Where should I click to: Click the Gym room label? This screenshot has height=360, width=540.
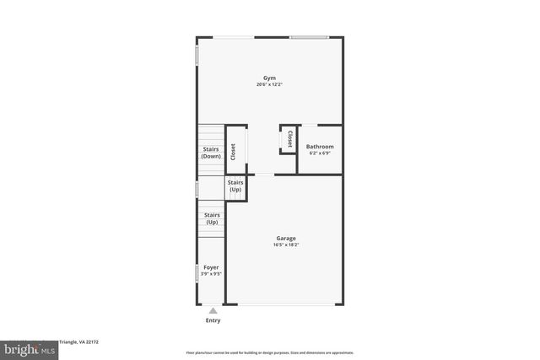pos(269,78)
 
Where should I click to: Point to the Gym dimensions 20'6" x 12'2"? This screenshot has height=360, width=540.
pos(269,84)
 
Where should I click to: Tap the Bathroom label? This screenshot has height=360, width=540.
pos(320,147)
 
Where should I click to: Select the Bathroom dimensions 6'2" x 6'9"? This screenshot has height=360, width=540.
pos(320,153)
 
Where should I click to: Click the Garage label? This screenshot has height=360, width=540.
pos(284,239)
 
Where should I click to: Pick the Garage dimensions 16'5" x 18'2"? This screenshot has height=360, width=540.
pos(284,245)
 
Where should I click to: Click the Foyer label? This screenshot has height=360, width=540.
pos(211,267)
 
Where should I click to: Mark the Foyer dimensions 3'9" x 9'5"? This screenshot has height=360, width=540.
pos(211,274)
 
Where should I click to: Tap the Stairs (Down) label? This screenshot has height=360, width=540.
pos(211,153)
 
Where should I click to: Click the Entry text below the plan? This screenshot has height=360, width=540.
pos(213,320)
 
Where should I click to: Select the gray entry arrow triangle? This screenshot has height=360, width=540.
pos(213,310)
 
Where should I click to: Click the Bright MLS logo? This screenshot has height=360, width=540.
pos(27,349)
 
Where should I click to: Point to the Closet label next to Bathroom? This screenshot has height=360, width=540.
pos(289,139)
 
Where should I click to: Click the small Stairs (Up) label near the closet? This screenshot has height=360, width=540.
pos(235,185)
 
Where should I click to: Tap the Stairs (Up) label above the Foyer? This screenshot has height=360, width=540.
pos(211,218)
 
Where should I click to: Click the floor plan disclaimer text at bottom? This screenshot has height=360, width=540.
pos(270,352)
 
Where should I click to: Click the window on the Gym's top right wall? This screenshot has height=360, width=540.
pos(309,37)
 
